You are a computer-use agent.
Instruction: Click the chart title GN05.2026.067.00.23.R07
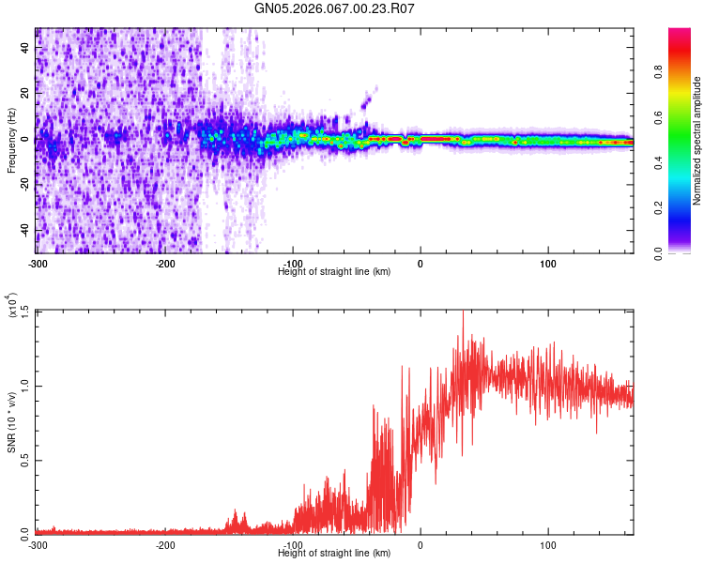tap(334, 8)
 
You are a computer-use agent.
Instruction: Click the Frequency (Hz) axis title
tap(11, 141)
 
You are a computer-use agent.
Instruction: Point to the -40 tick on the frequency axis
tap(24, 230)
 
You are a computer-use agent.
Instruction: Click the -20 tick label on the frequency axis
tap(24, 185)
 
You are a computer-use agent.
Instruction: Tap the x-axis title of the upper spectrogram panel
tap(334, 271)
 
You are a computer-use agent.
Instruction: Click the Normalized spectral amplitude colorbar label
tap(696, 141)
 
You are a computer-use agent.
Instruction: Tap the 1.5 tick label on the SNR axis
tap(24, 312)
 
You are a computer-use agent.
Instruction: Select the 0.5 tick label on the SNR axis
tap(24, 459)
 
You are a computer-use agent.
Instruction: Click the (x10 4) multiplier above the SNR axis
tap(11, 307)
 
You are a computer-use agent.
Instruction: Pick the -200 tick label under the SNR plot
tap(165, 544)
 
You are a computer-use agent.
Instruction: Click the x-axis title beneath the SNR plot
tap(334, 553)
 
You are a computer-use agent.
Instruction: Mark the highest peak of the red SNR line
tap(463, 314)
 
